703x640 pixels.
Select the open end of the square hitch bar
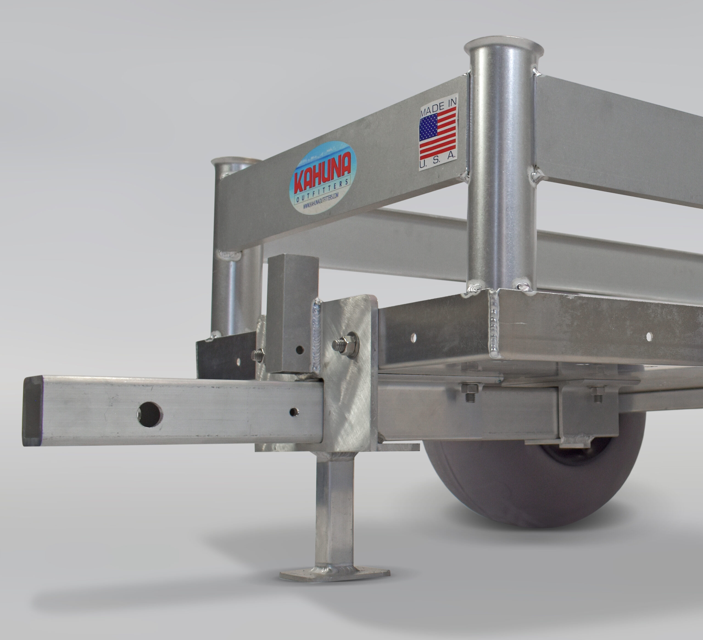[32, 411]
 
